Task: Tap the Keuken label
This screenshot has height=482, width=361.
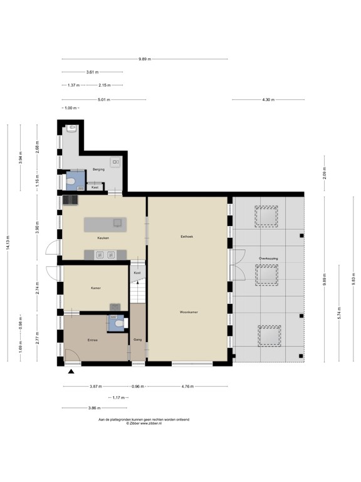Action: [x=103, y=238]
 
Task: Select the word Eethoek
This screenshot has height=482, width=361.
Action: [x=186, y=237]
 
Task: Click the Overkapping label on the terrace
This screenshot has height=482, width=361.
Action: [x=269, y=259]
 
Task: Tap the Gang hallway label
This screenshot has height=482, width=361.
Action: [x=138, y=340]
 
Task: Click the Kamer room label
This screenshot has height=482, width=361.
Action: [x=95, y=288]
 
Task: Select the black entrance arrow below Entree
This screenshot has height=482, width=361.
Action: [x=71, y=372]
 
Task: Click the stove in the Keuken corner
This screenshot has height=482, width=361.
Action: [x=70, y=200]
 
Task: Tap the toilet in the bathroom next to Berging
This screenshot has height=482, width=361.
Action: [x=72, y=182]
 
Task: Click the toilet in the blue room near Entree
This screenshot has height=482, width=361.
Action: [x=120, y=323]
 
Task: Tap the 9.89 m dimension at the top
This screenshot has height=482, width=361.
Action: [x=145, y=59]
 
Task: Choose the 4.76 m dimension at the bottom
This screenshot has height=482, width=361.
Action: [x=187, y=387]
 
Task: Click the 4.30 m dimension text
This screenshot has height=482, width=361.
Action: [x=268, y=99]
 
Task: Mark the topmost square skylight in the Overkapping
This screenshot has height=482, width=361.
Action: [x=266, y=217]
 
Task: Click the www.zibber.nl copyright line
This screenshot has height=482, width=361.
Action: [x=144, y=423]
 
